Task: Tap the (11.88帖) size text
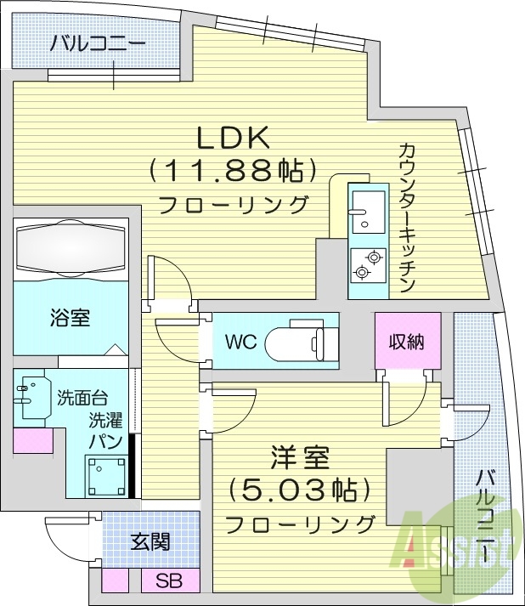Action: click(x=227, y=171)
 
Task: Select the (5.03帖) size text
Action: click(x=299, y=490)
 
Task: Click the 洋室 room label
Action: click(x=299, y=457)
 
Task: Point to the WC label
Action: click(x=240, y=343)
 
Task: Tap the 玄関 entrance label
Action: click(x=150, y=541)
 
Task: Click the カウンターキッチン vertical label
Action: click(x=407, y=218)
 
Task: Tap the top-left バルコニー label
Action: click(x=97, y=43)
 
